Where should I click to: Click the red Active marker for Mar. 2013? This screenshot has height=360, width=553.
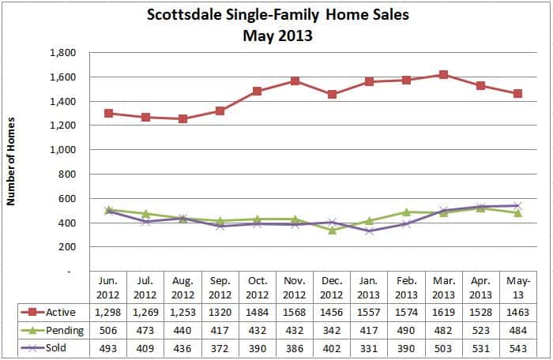point(443,74)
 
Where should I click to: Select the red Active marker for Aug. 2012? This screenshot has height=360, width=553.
point(182,119)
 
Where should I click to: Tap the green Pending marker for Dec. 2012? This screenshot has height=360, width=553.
point(332,231)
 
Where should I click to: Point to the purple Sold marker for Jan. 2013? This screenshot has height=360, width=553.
point(369,231)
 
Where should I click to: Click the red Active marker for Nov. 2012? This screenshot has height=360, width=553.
point(295,81)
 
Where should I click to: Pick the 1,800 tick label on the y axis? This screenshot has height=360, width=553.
point(62,53)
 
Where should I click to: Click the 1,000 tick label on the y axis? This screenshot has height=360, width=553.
point(62,150)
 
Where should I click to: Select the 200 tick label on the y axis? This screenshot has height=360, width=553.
point(67,247)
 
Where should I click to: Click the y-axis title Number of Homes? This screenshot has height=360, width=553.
point(11,161)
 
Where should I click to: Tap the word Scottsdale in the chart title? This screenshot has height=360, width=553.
point(184,15)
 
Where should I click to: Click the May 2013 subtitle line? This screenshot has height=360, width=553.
point(277,36)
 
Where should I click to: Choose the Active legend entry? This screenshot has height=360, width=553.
point(48,312)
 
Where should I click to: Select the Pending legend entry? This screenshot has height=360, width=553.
point(52,330)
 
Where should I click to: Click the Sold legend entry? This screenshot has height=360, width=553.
point(43,347)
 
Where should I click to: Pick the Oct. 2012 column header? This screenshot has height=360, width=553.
point(258,287)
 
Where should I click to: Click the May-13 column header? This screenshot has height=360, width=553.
point(518,287)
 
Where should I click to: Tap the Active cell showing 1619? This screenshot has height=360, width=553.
point(443,312)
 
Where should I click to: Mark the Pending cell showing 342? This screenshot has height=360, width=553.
point(332,330)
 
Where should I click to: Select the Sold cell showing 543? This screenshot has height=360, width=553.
point(518,348)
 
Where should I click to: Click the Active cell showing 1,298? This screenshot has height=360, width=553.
point(108,312)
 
